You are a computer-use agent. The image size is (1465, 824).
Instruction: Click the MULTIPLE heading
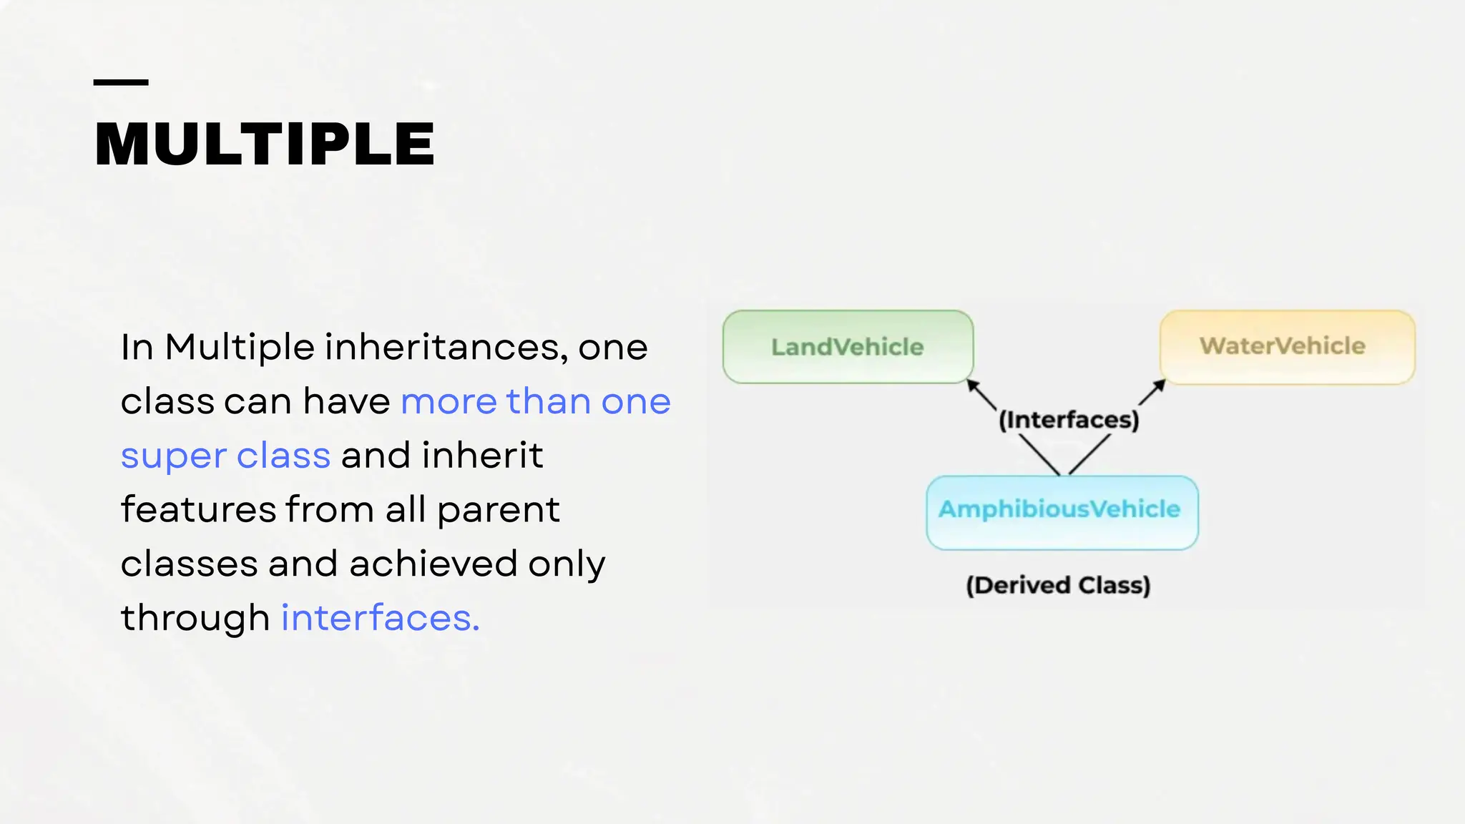click(264, 144)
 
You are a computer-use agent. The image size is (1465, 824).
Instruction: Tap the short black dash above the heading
click(121, 83)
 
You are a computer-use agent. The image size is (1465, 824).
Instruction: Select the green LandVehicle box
click(848, 347)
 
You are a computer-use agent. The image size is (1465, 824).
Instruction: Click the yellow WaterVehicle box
click(1287, 347)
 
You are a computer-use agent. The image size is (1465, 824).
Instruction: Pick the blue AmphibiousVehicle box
click(1062, 512)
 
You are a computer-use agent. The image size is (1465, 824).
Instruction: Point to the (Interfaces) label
click(1069, 420)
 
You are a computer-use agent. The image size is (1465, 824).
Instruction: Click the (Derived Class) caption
click(1058, 585)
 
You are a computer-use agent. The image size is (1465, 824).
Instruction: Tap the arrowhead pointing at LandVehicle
click(973, 386)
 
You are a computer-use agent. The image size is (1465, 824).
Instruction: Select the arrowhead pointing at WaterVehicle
click(1160, 386)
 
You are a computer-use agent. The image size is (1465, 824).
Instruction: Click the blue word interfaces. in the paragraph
click(380, 618)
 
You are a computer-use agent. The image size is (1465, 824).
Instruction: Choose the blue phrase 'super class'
click(225, 456)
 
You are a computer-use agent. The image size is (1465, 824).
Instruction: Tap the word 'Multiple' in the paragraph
click(240, 348)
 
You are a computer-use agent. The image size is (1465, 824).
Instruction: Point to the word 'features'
click(198, 509)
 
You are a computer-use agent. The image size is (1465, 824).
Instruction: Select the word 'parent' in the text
click(498, 511)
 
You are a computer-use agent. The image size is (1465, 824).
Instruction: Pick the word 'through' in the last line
click(195, 618)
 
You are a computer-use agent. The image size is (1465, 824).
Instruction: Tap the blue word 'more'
click(449, 402)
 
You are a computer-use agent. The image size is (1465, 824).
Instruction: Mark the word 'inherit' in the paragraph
click(482, 456)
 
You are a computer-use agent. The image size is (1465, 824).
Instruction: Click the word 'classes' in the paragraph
click(189, 564)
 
